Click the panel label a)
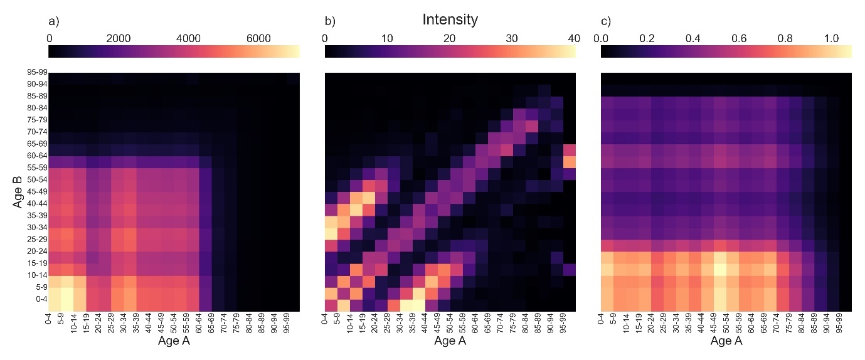pyautogui.click(x=53, y=21)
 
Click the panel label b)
pyautogui.click(x=330, y=21)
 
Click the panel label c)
pyautogui.click(x=606, y=21)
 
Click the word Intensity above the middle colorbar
pyautogui.click(x=450, y=20)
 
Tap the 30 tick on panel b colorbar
pyautogui.click(x=512, y=38)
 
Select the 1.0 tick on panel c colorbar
pyautogui.click(x=831, y=38)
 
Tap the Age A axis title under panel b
pyautogui.click(x=450, y=342)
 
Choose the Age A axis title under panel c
pyautogui.click(x=726, y=342)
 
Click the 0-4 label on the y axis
pyautogui.click(x=38, y=299)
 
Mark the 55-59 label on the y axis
pyautogui.click(x=34, y=168)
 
